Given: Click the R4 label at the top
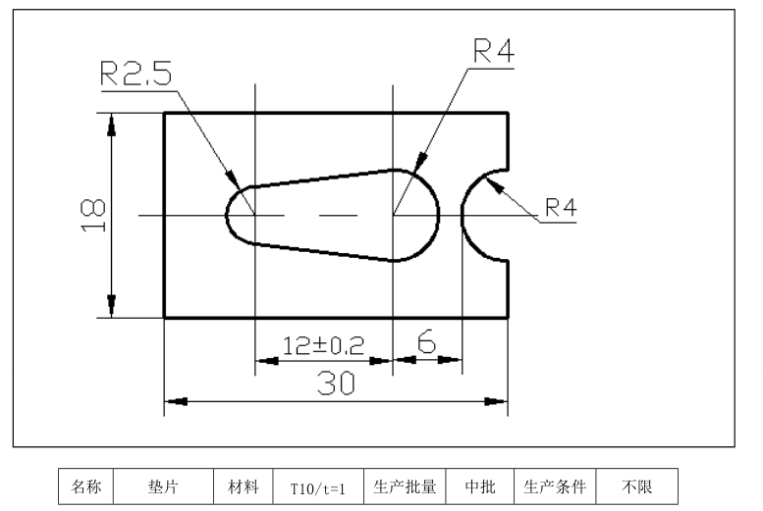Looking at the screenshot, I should [x=493, y=52].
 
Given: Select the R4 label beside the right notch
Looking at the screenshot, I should [x=562, y=207].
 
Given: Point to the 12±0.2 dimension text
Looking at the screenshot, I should [x=323, y=345].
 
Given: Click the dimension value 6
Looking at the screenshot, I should [x=427, y=342].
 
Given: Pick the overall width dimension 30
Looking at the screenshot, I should [x=335, y=384].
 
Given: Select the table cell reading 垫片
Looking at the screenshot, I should [x=163, y=486].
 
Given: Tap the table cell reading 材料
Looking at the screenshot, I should [x=244, y=486].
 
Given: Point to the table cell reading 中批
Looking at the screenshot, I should [x=477, y=486].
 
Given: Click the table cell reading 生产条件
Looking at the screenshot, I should [x=554, y=486].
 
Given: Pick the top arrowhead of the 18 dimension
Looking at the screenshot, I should [x=111, y=122].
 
